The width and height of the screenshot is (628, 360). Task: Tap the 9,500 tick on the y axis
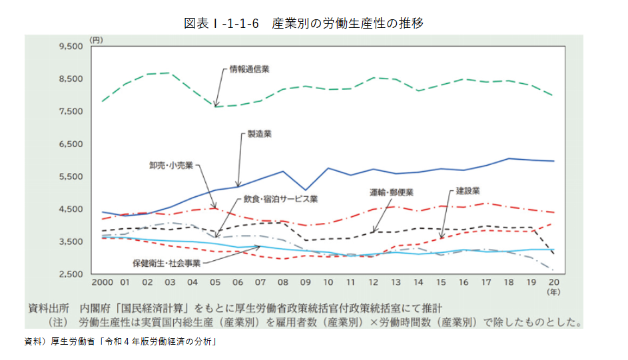[70, 47]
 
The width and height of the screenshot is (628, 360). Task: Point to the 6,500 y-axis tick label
[70, 144]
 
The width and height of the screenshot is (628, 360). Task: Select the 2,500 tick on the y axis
[70, 274]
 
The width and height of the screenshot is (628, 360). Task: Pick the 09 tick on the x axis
[306, 282]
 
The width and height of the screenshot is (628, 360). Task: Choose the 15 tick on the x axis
[441, 282]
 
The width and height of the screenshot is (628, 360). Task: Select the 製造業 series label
[259, 134]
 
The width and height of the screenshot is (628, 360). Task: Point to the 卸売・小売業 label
[171, 164]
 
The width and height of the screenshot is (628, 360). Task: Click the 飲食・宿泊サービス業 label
[280, 198]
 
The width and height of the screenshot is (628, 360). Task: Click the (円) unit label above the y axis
[97, 40]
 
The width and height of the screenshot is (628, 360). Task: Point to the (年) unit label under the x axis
[553, 292]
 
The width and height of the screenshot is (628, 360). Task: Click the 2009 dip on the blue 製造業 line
[305, 190]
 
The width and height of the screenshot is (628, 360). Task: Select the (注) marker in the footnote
[59, 323]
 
